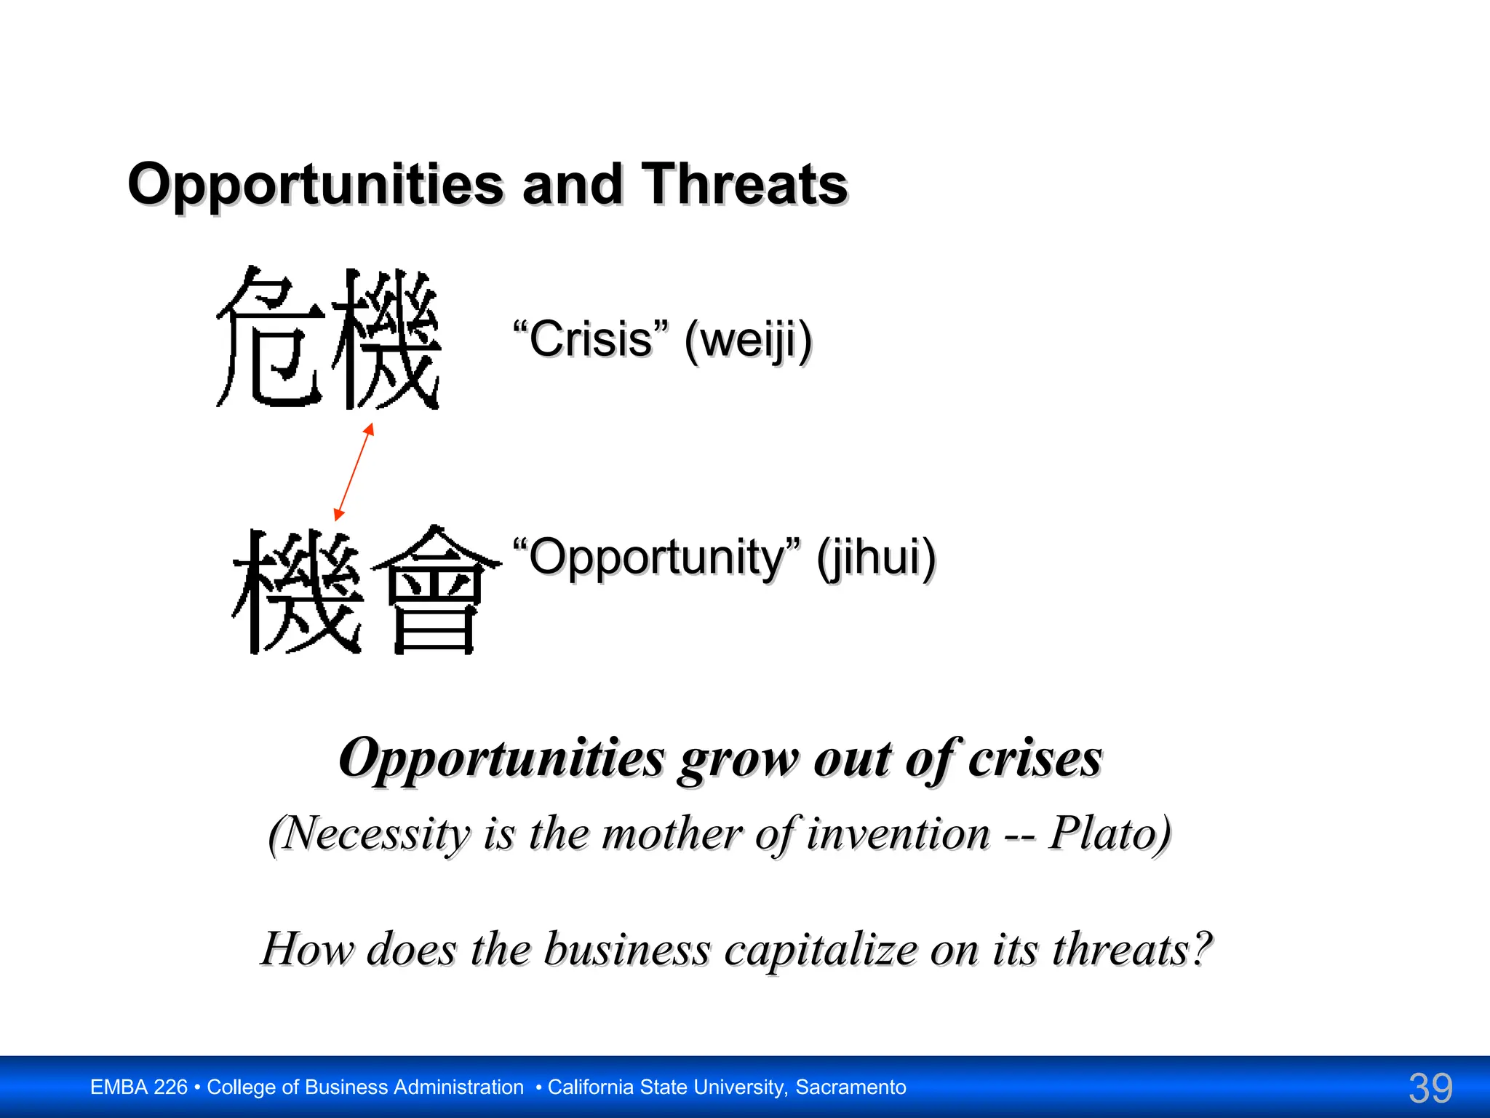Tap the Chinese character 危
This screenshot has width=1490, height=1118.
[x=271, y=336]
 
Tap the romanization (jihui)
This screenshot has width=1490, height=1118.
[x=876, y=558]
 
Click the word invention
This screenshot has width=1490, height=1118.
[x=899, y=833]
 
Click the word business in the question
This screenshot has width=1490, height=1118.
[x=627, y=949]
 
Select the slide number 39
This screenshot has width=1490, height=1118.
[x=1430, y=1088]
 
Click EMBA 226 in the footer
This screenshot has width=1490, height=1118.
[x=139, y=1087]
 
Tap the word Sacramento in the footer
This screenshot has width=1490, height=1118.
[x=850, y=1087]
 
